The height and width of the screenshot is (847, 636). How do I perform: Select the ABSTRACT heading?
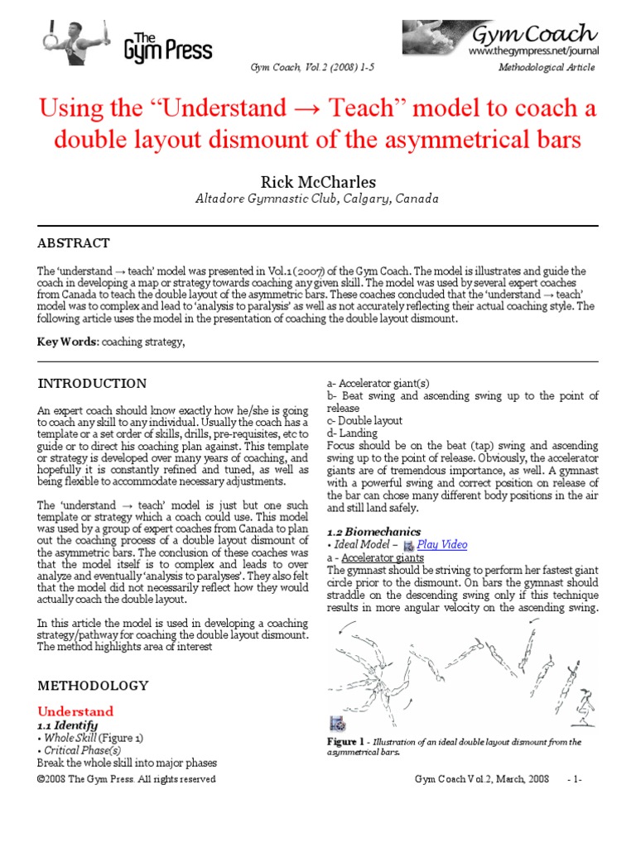74,243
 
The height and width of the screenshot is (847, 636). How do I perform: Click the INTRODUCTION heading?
93,384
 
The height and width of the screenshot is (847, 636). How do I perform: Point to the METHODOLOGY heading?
94,686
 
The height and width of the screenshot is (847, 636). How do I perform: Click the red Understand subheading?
76,711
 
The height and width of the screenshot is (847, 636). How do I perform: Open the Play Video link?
441,544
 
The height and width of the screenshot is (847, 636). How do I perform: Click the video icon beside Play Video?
408,545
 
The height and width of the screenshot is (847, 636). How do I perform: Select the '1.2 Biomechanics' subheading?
373,531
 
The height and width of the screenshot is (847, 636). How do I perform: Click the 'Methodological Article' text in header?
547,67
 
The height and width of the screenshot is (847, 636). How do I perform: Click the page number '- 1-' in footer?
575,779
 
